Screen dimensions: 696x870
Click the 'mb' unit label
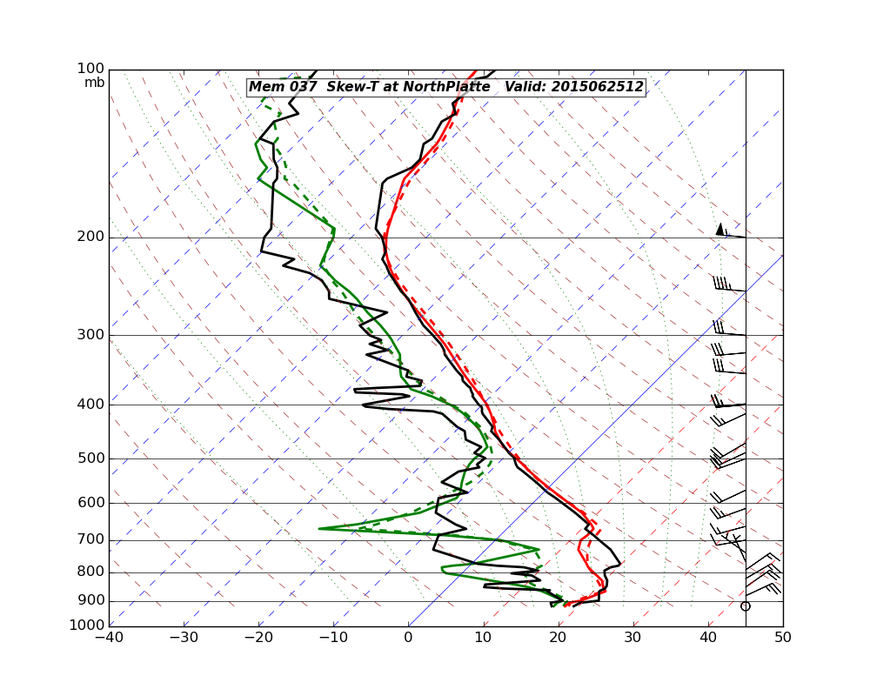94,83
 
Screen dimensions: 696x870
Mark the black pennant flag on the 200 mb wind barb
719,229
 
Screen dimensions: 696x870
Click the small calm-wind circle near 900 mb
745,606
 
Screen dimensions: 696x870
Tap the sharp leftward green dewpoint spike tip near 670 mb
319,528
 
